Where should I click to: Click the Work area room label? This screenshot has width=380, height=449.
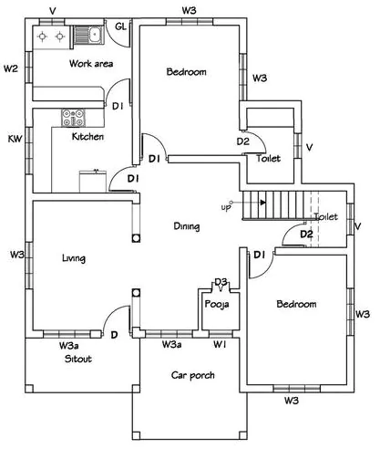click(x=91, y=64)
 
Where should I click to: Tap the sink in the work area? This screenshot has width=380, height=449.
click(x=92, y=36)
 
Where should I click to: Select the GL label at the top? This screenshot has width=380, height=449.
click(x=120, y=26)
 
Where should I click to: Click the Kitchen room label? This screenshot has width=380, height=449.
click(x=87, y=137)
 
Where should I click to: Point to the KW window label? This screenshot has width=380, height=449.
click(x=15, y=139)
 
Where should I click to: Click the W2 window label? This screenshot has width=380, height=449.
click(x=11, y=68)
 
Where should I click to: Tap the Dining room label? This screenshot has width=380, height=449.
click(x=186, y=225)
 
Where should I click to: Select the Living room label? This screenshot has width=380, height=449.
click(x=73, y=258)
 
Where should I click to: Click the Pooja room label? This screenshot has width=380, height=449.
click(x=216, y=305)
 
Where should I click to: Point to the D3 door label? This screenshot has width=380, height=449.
click(x=221, y=282)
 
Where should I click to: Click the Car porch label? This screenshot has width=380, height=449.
click(x=192, y=375)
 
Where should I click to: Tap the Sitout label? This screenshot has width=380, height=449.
click(x=77, y=359)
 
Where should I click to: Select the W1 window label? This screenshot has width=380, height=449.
click(x=220, y=345)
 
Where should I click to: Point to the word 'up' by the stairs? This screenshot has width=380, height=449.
click(x=226, y=207)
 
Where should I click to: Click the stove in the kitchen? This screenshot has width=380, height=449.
click(x=73, y=117)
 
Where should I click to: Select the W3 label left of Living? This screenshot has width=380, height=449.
click(x=15, y=254)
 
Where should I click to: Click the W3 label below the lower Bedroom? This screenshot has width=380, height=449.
click(x=292, y=400)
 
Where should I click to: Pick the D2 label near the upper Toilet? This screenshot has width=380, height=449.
click(x=243, y=141)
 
